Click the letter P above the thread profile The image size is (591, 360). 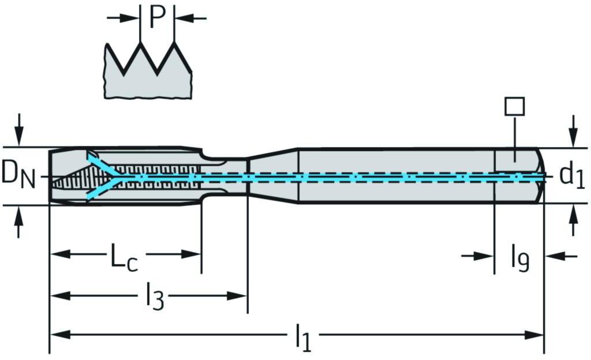[158, 17]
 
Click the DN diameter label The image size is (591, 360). [18, 174]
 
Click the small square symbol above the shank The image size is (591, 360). [514, 106]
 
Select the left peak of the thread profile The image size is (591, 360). [140, 44]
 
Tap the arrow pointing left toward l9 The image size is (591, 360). [557, 255]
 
